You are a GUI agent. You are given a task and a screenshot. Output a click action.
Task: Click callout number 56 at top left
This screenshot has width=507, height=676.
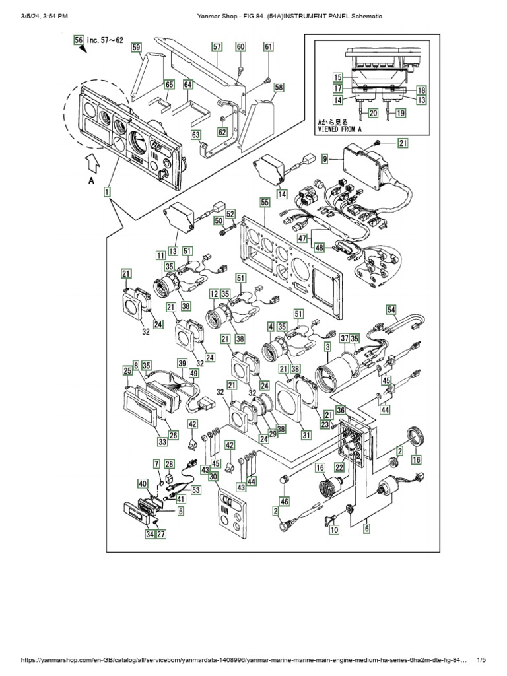click(x=79, y=40)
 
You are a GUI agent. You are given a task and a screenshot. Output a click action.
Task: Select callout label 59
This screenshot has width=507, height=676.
click(x=136, y=47)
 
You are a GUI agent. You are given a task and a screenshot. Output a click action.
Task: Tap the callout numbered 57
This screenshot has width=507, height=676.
click(x=217, y=46)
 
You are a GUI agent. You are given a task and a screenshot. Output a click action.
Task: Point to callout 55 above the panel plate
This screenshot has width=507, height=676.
click(x=265, y=205)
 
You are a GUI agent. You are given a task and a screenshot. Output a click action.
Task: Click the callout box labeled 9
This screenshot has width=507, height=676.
click(x=325, y=159)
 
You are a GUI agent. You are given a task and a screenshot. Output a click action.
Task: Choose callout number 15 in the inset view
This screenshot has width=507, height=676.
click(x=336, y=77)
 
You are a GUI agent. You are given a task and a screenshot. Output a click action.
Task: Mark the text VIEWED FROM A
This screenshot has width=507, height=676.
click(x=341, y=131)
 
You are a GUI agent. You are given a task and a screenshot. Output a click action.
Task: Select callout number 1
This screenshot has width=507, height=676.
click(x=106, y=192)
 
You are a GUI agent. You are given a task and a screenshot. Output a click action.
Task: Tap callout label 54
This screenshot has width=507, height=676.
click(x=391, y=310)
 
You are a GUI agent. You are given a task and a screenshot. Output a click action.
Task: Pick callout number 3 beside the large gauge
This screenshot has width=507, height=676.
click(x=328, y=347)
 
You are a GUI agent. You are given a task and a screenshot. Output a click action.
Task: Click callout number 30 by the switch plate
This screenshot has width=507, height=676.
click(x=213, y=477)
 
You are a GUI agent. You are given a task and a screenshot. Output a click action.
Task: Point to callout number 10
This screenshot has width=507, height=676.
click(x=334, y=529)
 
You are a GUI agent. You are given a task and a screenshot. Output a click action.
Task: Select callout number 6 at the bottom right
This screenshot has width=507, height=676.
click(x=366, y=528)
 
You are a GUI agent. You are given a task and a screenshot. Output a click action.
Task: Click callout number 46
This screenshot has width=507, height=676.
click(x=284, y=501)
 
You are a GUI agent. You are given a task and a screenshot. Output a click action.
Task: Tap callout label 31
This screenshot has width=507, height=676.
click(x=306, y=434)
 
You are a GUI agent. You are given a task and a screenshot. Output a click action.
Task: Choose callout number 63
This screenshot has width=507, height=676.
click(x=196, y=135)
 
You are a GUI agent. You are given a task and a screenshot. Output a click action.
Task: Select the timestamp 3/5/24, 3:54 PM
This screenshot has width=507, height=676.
click(x=40, y=15)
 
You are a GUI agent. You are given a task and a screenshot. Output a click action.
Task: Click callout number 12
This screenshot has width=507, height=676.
click(x=215, y=294)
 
